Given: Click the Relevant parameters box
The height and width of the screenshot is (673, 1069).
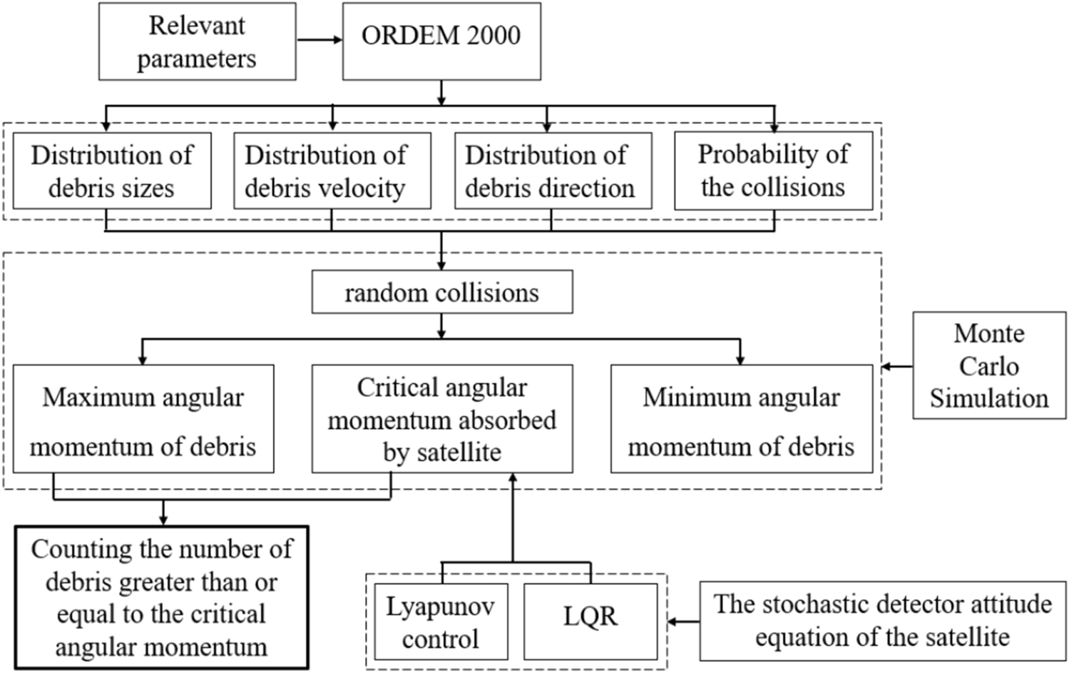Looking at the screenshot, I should click(x=197, y=41).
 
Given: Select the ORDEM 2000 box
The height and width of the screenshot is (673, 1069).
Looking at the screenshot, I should click(x=441, y=41).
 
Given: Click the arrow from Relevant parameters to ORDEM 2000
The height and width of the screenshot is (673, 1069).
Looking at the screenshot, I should click(x=319, y=40).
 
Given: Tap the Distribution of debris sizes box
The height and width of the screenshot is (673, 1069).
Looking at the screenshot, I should click(x=112, y=171).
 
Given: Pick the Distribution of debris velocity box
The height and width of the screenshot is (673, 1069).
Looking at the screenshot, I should click(x=332, y=171).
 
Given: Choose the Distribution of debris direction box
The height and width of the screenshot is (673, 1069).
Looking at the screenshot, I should click(x=553, y=171).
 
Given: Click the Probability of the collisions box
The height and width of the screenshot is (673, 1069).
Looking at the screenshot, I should click(x=773, y=171).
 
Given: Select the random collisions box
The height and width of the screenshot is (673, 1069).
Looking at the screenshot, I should click(x=441, y=293).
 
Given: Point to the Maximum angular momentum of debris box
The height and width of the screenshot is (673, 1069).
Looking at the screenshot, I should click(x=143, y=420).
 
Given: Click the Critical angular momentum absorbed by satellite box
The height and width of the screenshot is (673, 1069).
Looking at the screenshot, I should click(x=441, y=420).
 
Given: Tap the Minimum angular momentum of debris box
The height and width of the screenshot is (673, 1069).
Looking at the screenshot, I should click(x=741, y=420).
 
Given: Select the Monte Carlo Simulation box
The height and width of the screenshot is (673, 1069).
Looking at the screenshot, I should click(x=989, y=365).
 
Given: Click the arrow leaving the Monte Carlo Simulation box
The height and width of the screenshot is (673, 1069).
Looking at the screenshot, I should click(x=897, y=367).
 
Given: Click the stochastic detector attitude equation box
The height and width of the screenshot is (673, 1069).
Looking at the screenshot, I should click(x=882, y=621).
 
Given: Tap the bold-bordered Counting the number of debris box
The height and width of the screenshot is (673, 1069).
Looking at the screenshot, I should click(x=161, y=598).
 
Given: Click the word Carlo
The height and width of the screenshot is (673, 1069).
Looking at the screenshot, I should click(x=988, y=366).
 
